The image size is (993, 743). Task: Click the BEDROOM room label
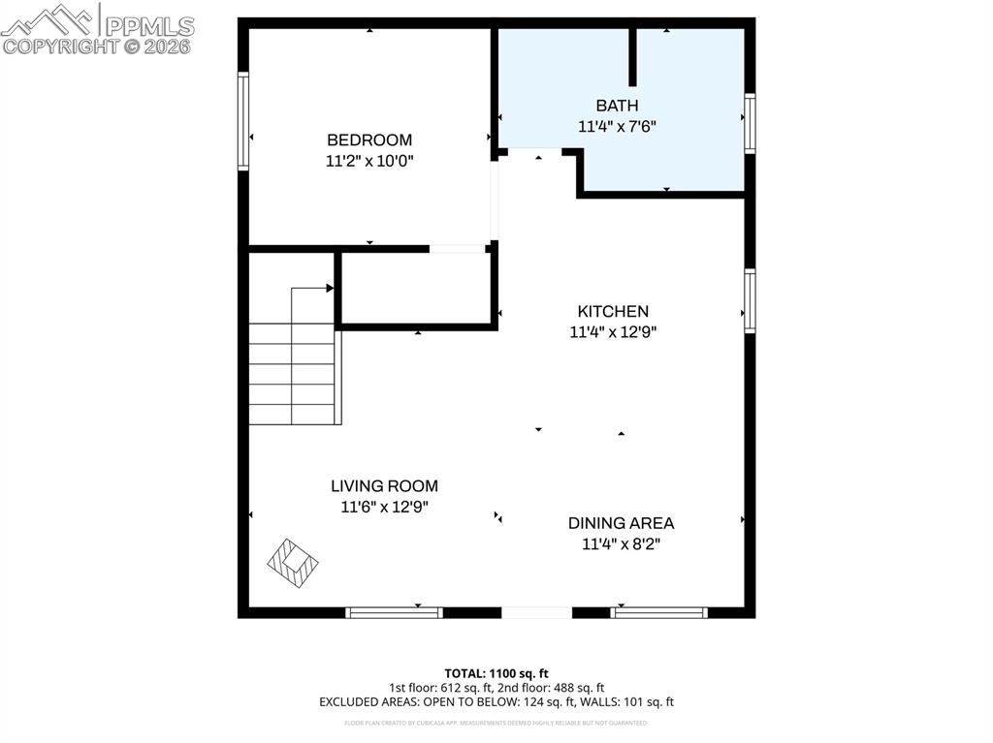(x=368, y=139)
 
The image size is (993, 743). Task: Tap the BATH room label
(x=617, y=105)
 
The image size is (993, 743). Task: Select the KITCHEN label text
(x=613, y=311)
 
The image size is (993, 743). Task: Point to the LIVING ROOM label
(x=384, y=486)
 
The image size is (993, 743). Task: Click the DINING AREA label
(x=621, y=523)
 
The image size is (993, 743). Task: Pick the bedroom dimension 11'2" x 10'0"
(x=368, y=161)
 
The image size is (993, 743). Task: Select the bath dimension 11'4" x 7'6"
(x=617, y=126)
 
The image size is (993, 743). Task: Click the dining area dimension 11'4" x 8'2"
(x=621, y=544)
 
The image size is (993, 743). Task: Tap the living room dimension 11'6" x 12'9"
(x=384, y=507)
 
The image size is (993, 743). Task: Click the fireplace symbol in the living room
(x=293, y=560)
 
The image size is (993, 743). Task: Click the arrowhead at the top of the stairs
(x=330, y=288)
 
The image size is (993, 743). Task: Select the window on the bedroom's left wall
(x=243, y=122)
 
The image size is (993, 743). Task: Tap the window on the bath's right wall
(x=750, y=123)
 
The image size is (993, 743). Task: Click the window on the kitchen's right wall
(x=750, y=301)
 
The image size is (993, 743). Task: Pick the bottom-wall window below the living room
(x=394, y=612)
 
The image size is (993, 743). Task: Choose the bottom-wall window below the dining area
(x=659, y=612)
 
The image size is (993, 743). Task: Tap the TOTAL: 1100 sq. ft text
(x=496, y=673)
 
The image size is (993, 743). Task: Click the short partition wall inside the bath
(x=633, y=57)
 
